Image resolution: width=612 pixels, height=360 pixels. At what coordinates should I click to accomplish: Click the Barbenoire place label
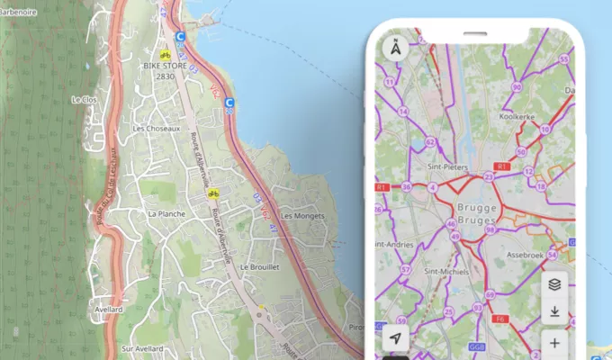19,13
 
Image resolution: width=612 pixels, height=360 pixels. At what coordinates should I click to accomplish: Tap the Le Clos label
84,99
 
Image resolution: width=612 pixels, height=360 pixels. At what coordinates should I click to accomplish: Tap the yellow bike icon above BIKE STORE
165,53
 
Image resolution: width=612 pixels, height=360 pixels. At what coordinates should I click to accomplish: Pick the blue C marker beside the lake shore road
229,103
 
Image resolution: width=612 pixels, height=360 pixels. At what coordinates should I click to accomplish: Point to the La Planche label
165,214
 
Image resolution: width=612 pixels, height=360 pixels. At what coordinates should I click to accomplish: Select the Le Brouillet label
261,267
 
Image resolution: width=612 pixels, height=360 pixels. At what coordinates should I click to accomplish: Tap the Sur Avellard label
143,348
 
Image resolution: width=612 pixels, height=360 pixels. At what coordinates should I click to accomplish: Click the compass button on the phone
396,49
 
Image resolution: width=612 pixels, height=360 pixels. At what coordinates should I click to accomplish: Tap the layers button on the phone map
554,283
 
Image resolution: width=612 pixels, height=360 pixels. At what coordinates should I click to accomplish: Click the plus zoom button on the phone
554,343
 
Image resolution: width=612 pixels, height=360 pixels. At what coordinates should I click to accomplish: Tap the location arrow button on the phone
396,338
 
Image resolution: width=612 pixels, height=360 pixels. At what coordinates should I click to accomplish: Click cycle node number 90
517,87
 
